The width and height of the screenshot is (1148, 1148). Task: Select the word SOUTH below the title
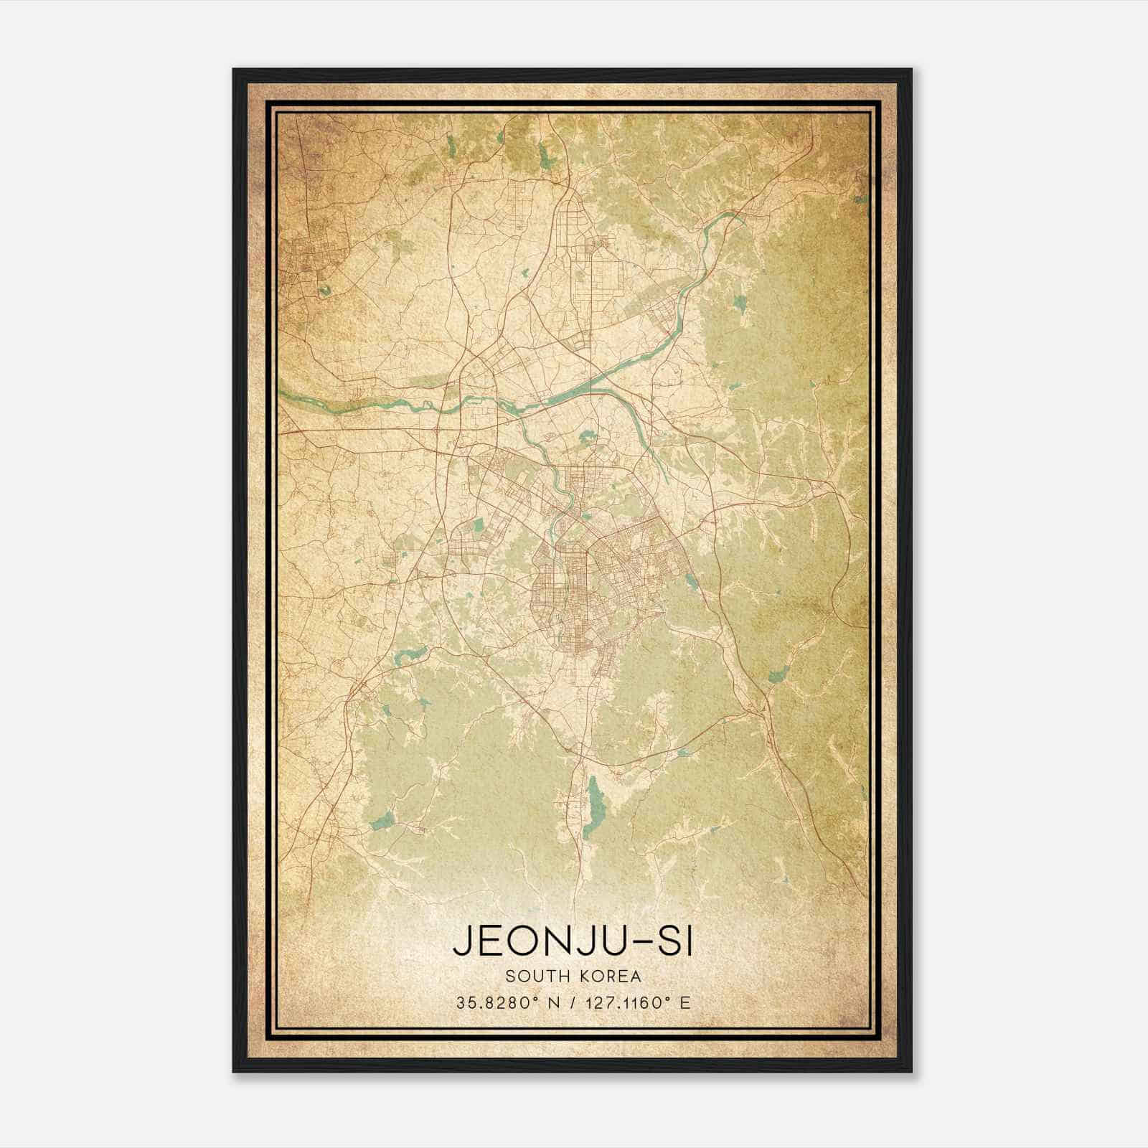click(x=532, y=977)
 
